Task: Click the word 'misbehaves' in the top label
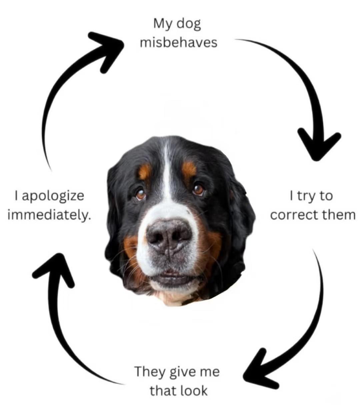pos(178,43)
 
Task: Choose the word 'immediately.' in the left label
pos(49,215)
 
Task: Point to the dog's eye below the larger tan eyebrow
pos(198,189)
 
